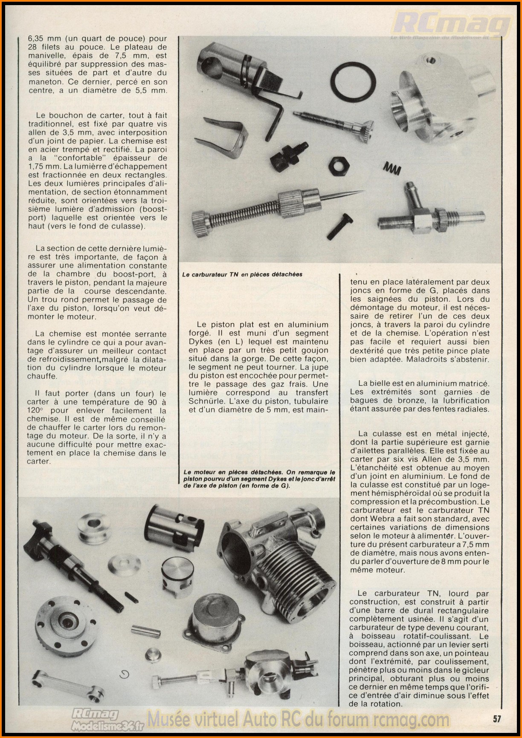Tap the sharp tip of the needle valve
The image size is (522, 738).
360,191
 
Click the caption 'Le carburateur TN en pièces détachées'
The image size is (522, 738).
242,274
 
